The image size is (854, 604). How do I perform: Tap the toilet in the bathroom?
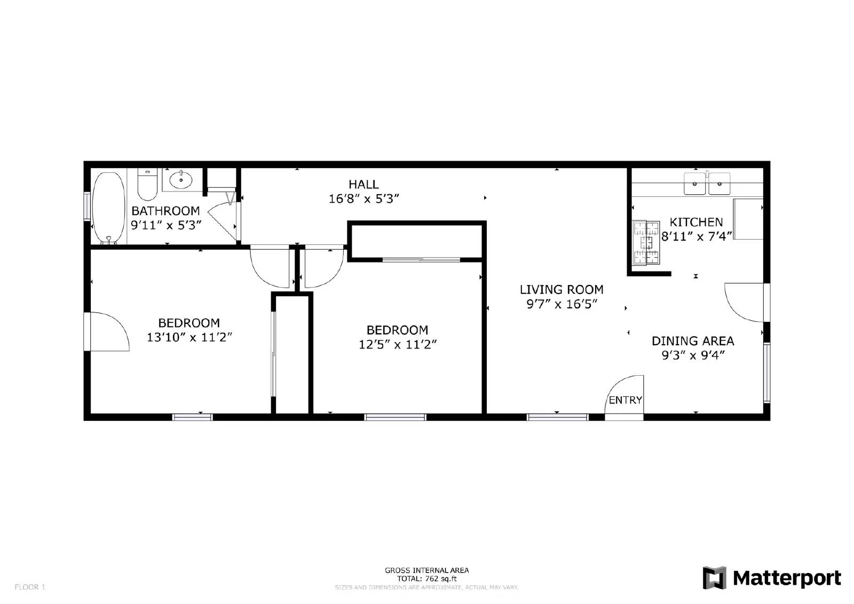tap(147, 184)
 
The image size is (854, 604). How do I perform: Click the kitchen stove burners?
tap(646, 242)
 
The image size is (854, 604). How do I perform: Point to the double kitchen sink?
tap(708, 184)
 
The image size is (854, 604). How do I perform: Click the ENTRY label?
tap(625, 400)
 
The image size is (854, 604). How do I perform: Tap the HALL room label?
tap(363, 185)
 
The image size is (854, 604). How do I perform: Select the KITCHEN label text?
tap(696, 222)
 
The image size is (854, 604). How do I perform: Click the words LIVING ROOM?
tap(562, 290)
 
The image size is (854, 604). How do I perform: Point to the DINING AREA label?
tap(693, 341)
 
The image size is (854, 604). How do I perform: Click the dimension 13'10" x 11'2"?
tap(189, 337)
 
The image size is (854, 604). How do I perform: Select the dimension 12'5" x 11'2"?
tap(398, 345)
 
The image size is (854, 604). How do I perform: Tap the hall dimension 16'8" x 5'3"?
tap(364, 199)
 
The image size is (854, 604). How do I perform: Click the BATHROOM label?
tap(165, 211)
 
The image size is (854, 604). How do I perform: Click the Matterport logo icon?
tap(715, 578)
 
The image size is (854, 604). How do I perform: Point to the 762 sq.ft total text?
tap(427, 578)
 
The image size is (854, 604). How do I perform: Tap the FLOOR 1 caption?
tap(30, 587)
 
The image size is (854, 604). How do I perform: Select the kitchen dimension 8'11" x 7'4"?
tap(696, 236)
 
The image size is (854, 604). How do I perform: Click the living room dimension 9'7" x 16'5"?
tap(562, 304)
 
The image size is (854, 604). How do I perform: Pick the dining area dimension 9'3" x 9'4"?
tap(693, 355)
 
